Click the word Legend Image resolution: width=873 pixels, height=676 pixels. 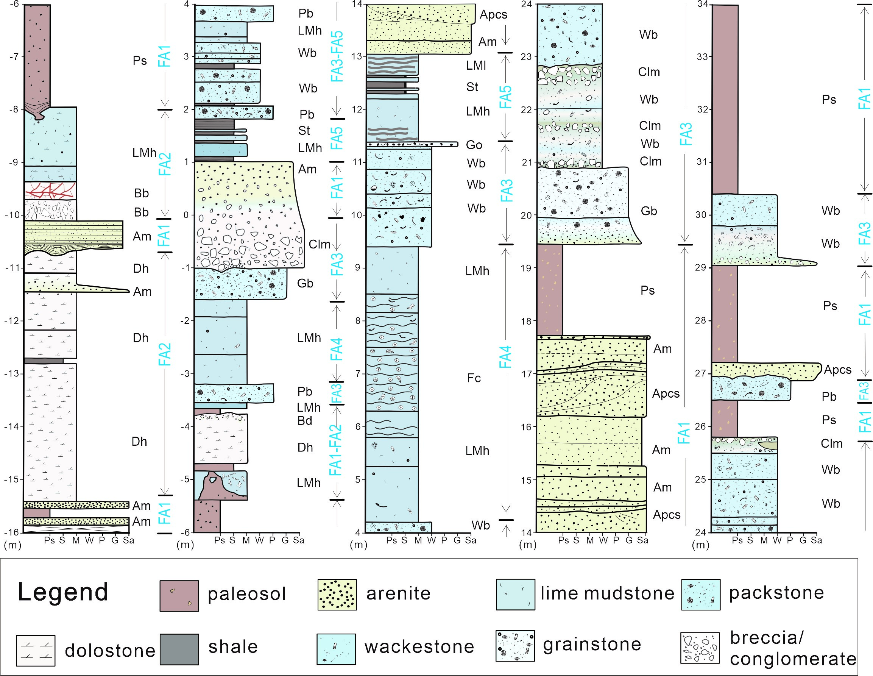[x=63, y=592]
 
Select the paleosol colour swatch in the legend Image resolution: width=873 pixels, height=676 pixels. [x=179, y=596]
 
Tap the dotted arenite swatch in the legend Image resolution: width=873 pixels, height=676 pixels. [x=337, y=595]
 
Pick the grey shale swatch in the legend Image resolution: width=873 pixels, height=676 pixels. [x=179, y=649]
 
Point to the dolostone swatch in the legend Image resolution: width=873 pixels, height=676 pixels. [x=36, y=650]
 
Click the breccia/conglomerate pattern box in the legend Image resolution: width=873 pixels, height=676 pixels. [x=700, y=648]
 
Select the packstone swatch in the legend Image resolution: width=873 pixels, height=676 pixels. [x=701, y=595]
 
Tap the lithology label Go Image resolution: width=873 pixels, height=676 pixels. [x=474, y=145]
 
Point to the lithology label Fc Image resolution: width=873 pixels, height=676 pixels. [x=474, y=378]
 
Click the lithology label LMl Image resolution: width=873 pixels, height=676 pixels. [x=475, y=65]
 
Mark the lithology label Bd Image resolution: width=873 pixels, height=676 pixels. [x=305, y=420]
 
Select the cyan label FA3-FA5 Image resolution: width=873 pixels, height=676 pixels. [x=337, y=56]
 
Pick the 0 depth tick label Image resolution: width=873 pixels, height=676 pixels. [x=186, y=215]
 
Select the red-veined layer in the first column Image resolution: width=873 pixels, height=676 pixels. [x=50, y=190]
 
